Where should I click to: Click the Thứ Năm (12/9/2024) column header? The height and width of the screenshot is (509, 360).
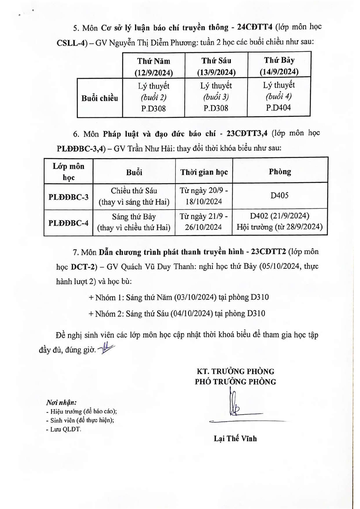click(x=153, y=66)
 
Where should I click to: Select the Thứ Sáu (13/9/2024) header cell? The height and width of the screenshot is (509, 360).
click(x=216, y=66)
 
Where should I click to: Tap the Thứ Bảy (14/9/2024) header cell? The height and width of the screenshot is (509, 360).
click(x=279, y=66)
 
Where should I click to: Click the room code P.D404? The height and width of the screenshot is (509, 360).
click(x=278, y=108)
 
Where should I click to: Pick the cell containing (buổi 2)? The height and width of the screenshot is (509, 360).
click(x=153, y=97)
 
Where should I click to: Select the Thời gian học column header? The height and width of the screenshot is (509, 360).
click(x=204, y=172)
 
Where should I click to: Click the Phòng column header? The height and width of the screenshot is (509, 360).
click(x=280, y=172)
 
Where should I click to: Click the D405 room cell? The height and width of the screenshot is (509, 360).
click(x=279, y=195)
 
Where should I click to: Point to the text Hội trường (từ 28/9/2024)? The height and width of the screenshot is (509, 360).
click(x=279, y=227)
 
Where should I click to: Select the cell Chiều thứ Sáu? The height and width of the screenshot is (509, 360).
click(x=134, y=191)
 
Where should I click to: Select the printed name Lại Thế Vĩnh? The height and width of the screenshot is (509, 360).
click(x=235, y=438)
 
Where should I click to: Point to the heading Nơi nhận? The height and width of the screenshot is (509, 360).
click(x=62, y=402)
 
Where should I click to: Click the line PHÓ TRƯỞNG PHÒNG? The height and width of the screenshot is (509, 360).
click(x=235, y=382)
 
